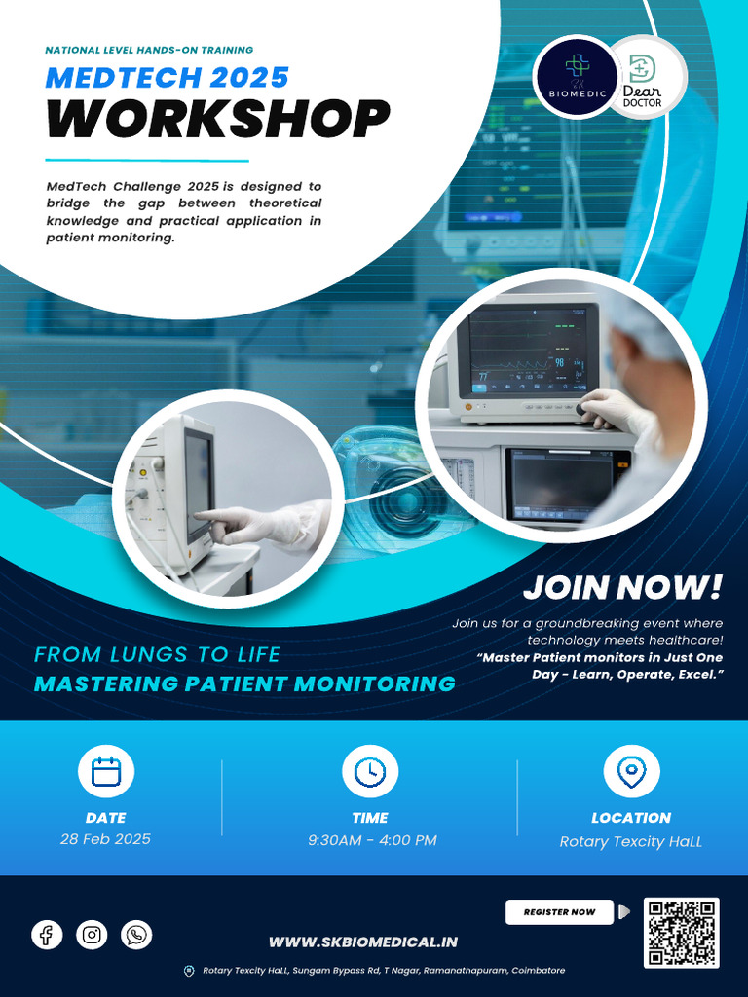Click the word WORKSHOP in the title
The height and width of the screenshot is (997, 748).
(218, 119)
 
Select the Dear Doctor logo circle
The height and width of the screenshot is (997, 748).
(643, 76)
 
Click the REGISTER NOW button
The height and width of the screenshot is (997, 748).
(559, 912)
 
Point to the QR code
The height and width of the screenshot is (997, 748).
(682, 933)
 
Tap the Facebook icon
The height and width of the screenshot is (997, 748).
(47, 936)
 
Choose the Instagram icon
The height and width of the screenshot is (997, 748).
(92, 936)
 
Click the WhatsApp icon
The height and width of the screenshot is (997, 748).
(136, 936)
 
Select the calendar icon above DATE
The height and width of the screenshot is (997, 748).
(105, 772)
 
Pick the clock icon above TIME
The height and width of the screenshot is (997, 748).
(370, 772)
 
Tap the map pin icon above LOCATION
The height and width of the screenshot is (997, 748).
(631, 772)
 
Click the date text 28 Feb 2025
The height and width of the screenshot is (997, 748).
(105, 839)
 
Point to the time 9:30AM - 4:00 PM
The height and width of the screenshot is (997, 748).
(372, 840)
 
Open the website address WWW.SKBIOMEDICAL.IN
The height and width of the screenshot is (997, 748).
(363, 942)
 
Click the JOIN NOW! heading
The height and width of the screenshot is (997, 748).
(623, 587)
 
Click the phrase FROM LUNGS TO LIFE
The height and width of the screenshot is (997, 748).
(157, 654)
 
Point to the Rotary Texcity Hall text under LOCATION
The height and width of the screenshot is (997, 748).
(630, 842)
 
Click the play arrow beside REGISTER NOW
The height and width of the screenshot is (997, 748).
(624, 911)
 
